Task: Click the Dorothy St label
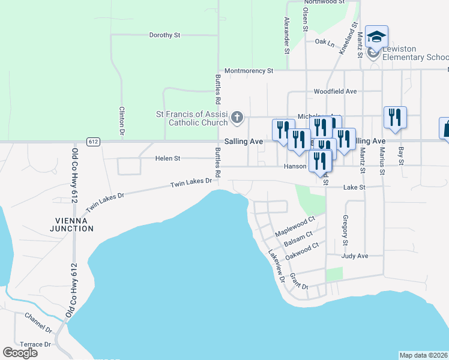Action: click(x=164, y=35)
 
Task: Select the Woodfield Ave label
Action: click(x=335, y=92)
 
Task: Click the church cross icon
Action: click(x=238, y=117)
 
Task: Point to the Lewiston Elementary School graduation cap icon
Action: click(x=376, y=37)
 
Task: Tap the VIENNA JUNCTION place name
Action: click(x=72, y=224)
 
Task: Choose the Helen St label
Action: click(x=168, y=159)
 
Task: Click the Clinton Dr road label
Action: click(x=122, y=120)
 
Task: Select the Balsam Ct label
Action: click(x=298, y=238)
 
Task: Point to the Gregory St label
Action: click(x=345, y=230)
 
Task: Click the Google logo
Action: click(x=20, y=353)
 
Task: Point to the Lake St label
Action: click(x=354, y=187)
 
